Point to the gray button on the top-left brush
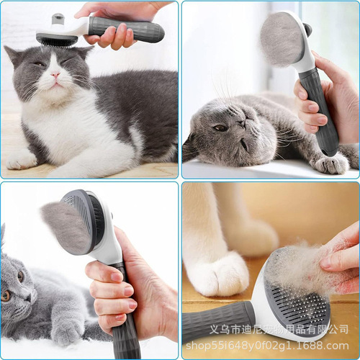[x=58, y=18]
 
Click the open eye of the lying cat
[x=220, y=127]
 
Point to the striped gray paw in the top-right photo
[x=331, y=164]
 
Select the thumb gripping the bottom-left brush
[x=101, y=271]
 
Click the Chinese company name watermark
[x=288, y=329]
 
